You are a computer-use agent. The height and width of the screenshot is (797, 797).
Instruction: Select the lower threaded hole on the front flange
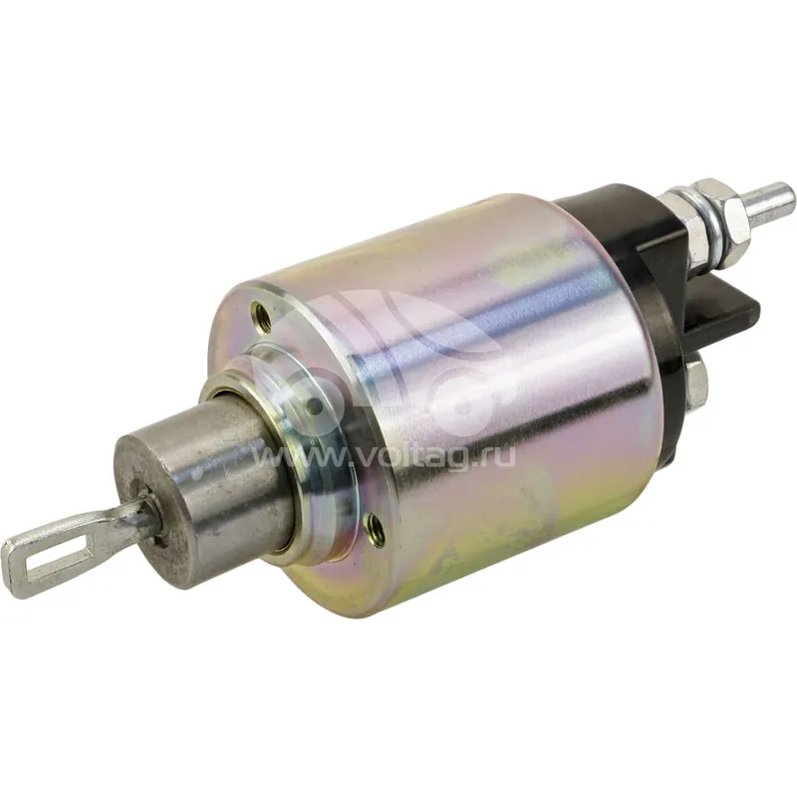click(375, 522)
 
